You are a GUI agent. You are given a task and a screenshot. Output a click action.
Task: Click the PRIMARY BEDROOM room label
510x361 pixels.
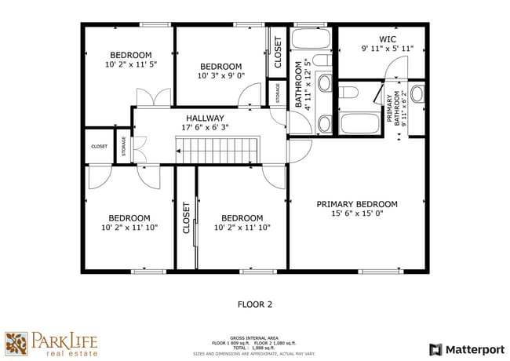[x=356, y=204]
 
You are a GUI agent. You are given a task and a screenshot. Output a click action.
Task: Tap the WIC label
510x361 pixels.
[x=388, y=39]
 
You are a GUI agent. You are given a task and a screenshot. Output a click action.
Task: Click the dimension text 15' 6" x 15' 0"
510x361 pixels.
[x=356, y=214]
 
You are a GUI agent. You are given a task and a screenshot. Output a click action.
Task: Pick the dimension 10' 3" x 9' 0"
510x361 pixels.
[x=220, y=76]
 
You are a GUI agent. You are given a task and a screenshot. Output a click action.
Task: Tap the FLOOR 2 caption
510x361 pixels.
[x=254, y=304]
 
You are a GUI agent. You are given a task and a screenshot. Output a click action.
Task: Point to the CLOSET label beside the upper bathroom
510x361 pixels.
[x=278, y=51]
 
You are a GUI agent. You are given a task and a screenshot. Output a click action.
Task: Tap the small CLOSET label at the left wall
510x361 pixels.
[x=99, y=146]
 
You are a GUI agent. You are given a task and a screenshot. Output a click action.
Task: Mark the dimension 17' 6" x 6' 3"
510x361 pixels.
[x=205, y=127]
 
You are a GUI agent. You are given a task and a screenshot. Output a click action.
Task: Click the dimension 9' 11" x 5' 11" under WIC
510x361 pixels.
[x=388, y=49]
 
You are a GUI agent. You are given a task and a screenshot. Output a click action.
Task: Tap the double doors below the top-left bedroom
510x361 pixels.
[x=152, y=97]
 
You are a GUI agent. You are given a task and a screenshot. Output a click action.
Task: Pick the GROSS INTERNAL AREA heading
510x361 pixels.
[x=255, y=334]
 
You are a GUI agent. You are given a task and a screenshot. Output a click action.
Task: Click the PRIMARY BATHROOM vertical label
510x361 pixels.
[x=392, y=109]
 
